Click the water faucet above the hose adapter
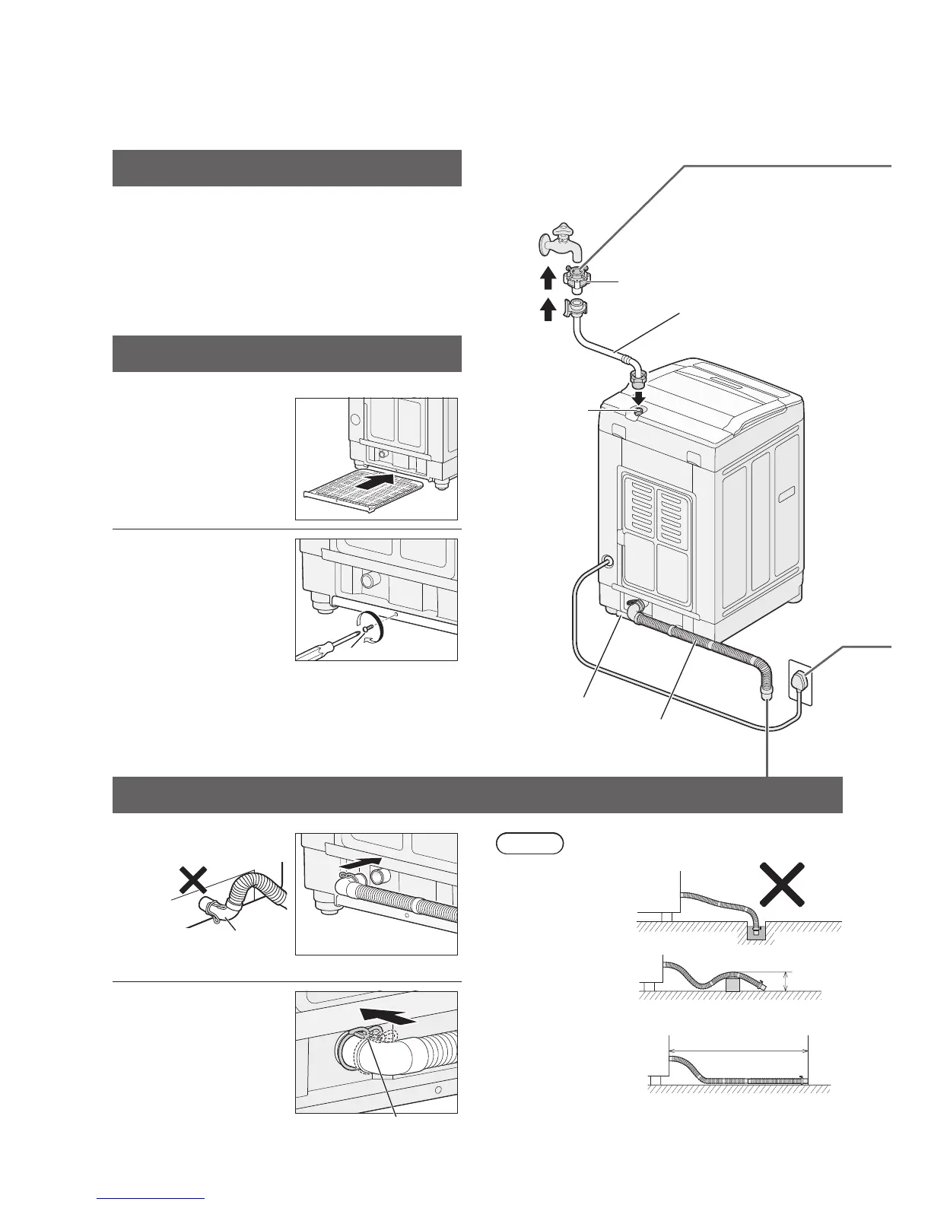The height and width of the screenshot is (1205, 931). pyautogui.click(x=559, y=240)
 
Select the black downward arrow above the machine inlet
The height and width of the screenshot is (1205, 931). pyautogui.click(x=640, y=399)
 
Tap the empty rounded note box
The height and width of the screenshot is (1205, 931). pyautogui.click(x=529, y=843)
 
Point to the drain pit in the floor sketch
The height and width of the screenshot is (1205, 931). pyautogui.click(x=757, y=931)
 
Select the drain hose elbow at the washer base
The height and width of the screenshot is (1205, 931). pyautogui.click(x=634, y=608)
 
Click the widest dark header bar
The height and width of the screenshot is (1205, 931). pyautogui.click(x=478, y=795)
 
